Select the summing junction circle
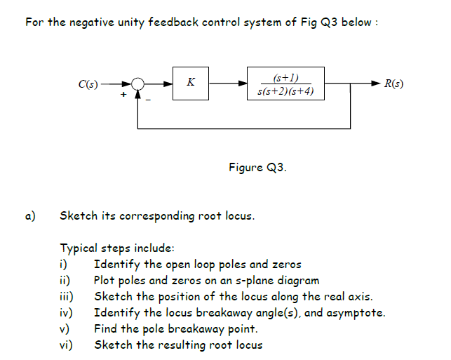(x=138, y=84)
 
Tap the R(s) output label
(x=394, y=84)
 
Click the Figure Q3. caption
(x=257, y=168)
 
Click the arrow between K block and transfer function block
(x=229, y=84)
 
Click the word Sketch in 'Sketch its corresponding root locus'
(x=78, y=215)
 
